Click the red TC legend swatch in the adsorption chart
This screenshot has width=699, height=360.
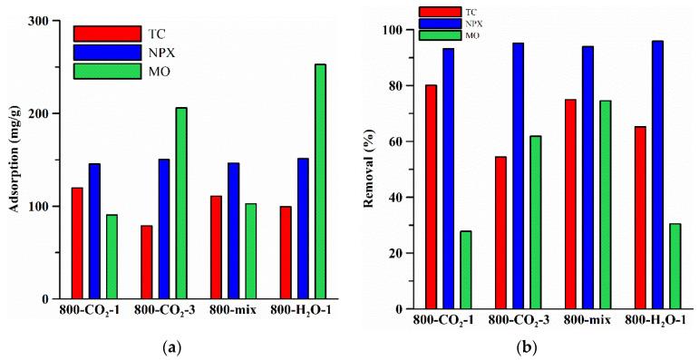tap(107, 34)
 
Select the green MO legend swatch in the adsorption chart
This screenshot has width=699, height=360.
tap(107, 70)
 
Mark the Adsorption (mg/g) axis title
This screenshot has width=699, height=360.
tap(15, 161)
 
